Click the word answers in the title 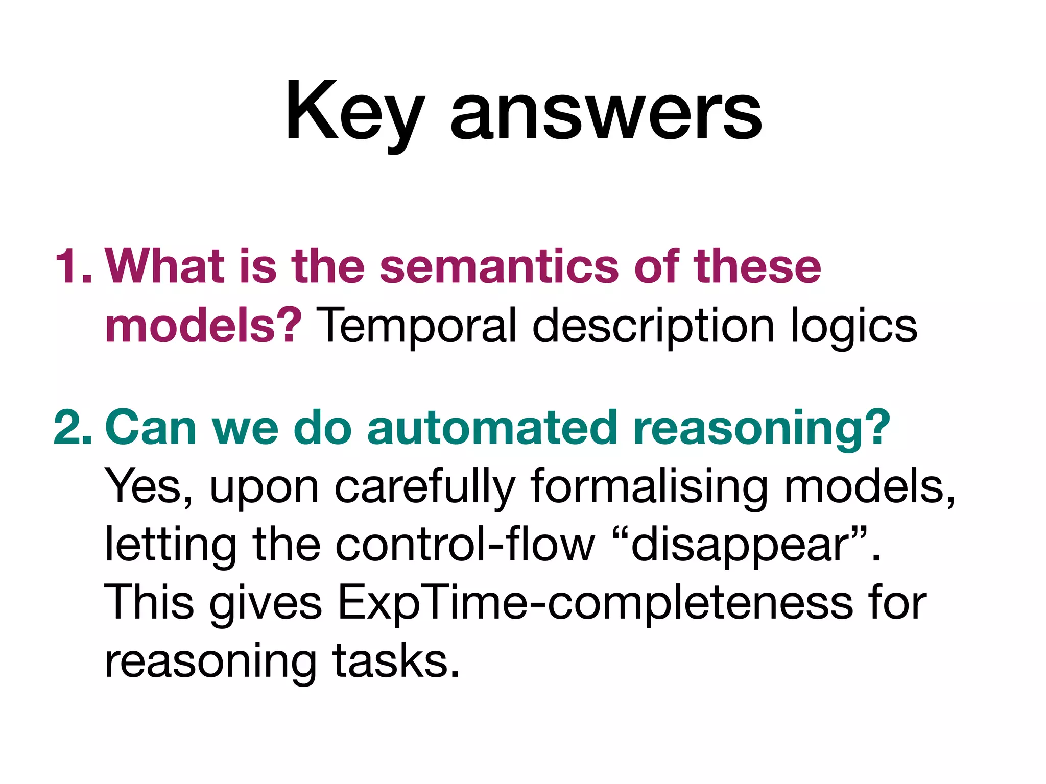coord(606,115)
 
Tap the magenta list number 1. coord(72,266)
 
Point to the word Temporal coord(417,327)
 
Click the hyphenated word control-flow coord(465,545)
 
